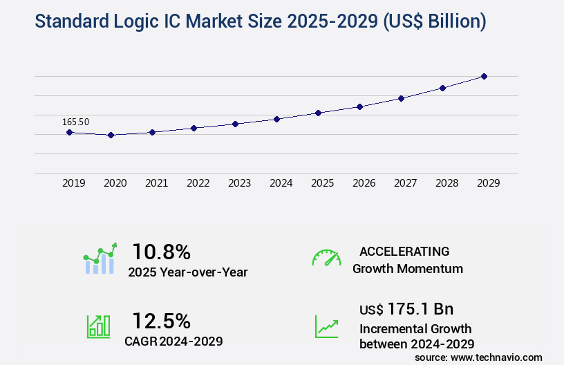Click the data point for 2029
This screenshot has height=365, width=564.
(x=484, y=76)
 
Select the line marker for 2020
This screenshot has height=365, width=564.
(x=111, y=135)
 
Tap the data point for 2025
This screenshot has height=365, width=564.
(x=318, y=113)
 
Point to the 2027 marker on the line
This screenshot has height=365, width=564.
(x=401, y=98)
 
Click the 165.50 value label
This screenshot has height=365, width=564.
(x=75, y=122)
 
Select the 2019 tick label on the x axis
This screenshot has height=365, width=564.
(x=74, y=183)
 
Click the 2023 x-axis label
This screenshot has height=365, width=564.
(x=240, y=183)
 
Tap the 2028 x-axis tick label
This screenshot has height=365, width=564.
(x=447, y=183)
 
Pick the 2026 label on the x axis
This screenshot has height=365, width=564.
(x=364, y=183)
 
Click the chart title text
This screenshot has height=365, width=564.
(x=260, y=21)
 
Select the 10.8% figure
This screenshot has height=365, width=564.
(x=161, y=252)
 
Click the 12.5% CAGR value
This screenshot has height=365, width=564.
(x=161, y=321)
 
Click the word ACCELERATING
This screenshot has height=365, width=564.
(x=404, y=251)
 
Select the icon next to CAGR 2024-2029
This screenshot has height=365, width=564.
(x=98, y=326)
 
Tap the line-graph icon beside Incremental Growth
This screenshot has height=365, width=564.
(x=326, y=326)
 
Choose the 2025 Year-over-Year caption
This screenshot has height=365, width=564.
(x=187, y=272)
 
